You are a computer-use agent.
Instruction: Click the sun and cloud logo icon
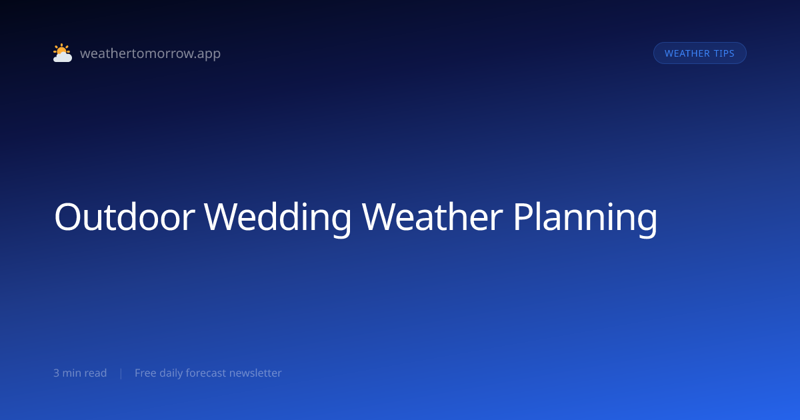click(x=63, y=53)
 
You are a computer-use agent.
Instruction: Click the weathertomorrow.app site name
click(x=151, y=53)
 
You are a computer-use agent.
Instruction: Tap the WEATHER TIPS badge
click(x=699, y=53)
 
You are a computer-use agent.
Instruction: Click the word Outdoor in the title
click(x=125, y=217)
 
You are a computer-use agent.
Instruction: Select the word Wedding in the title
click(x=278, y=219)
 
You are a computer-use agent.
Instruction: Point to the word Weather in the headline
click(x=432, y=217)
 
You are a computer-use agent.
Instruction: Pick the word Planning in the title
click(x=585, y=219)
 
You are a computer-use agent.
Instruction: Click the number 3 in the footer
click(x=56, y=373)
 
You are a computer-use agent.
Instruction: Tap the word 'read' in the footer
click(x=95, y=373)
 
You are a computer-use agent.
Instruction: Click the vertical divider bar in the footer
click(x=121, y=373)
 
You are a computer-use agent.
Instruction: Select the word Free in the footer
click(x=145, y=373)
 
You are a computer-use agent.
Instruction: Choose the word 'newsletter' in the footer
click(x=255, y=373)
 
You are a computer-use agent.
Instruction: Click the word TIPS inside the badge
click(x=724, y=53)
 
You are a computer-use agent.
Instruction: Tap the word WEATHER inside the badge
click(x=687, y=53)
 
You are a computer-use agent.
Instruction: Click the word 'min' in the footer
click(x=72, y=373)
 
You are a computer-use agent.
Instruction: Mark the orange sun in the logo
click(x=61, y=49)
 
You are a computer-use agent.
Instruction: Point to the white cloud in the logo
click(x=63, y=57)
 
